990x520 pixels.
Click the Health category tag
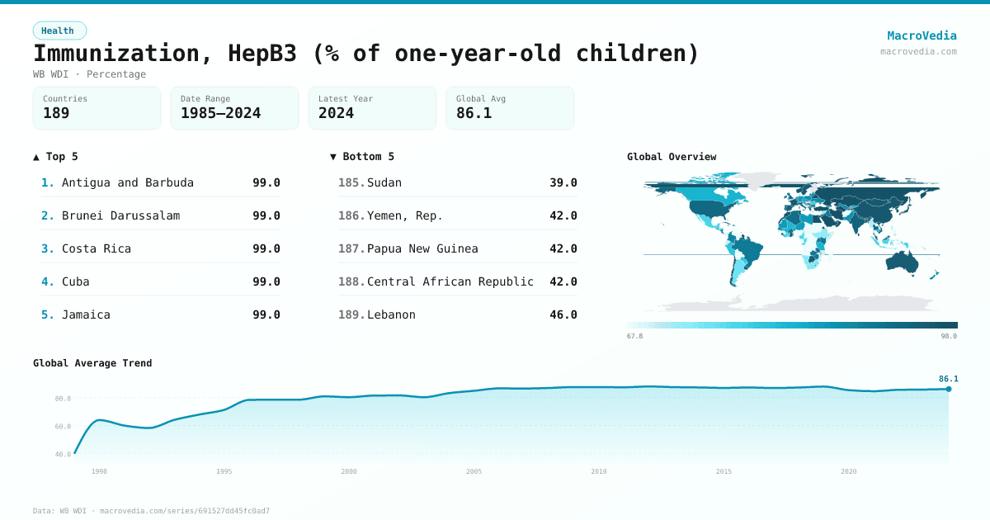59,31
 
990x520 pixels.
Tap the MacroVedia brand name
922,35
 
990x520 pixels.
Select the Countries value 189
56,113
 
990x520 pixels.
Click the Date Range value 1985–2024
220,113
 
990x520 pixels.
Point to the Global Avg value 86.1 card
509,108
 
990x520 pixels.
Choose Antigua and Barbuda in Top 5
128,182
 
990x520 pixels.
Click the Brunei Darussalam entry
120,215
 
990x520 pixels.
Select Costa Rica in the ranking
97,248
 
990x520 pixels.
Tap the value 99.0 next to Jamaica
266,314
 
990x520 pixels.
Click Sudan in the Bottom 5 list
384,182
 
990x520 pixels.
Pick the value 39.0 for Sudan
563,182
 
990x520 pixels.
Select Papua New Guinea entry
422,248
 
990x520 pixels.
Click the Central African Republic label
450,281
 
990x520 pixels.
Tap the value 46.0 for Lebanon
563,314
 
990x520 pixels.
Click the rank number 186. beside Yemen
351,215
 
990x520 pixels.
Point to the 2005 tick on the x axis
474,471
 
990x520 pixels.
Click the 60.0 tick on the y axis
63,427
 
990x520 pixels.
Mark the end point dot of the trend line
949,389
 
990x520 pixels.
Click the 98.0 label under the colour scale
948,336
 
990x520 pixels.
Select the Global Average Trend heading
92,363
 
